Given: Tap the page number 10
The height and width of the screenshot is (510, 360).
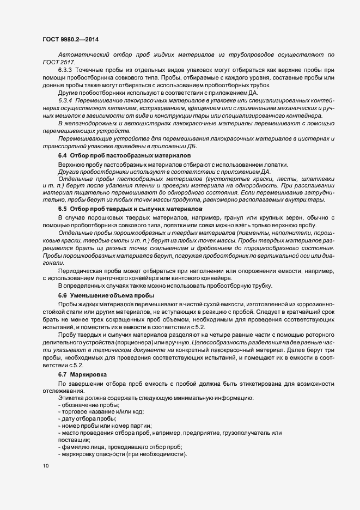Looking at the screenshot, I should point(45,466).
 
